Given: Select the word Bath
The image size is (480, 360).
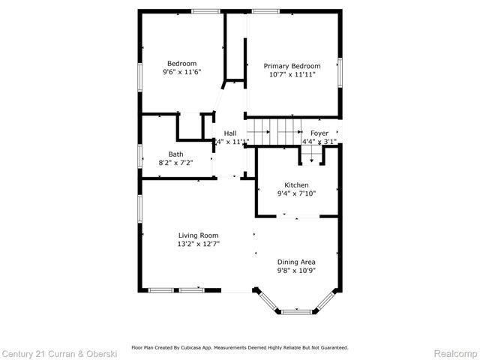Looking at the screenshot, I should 175,154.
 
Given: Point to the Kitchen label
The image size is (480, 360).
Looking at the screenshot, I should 296,185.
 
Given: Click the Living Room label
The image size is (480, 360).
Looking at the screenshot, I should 198,235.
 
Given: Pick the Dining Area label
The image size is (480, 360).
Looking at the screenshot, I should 296,262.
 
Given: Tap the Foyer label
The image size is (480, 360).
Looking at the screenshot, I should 319,133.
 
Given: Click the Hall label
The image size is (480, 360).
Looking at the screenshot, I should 230,133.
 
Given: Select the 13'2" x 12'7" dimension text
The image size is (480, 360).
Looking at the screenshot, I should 198,244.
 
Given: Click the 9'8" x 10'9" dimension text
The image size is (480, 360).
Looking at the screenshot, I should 296,270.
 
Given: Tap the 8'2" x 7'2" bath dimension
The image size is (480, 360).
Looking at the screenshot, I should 175,163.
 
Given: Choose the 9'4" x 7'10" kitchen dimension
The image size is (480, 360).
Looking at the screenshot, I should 296,193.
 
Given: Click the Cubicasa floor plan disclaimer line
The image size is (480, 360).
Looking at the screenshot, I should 240,347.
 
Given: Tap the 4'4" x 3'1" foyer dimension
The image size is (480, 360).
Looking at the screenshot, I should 319,141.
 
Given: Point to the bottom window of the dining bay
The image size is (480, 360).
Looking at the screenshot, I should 297,310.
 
